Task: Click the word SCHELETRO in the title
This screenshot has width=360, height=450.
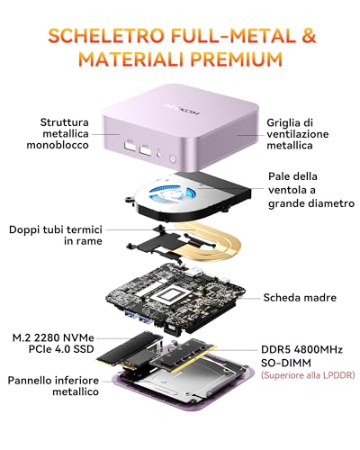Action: pyautogui.click(x=106, y=36)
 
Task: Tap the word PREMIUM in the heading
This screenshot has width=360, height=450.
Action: pyautogui.click(x=237, y=58)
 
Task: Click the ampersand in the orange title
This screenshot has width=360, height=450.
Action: pyautogui.click(x=309, y=36)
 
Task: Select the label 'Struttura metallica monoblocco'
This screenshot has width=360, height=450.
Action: pyautogui.click(x=58, y=133)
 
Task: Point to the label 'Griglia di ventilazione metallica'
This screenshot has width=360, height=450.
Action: pyautogui.click(x=297, y=134)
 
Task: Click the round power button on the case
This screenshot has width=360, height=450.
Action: pyautogui.click(x=173, y=158)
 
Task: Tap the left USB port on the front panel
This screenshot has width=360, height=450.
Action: pyautogui.click(x=130, y=147)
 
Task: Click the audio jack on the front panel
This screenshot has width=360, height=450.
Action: pyautogui.click(x=159, y=155)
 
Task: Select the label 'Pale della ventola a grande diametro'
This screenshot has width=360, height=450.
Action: pyautogui.click(x=311, y=190)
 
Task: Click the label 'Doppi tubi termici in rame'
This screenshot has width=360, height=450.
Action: pyautogui.click(x=56, y=235)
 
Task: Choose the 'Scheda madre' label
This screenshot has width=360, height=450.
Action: pyautogui.click(x=300, y=298)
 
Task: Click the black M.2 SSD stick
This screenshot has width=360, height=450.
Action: pyautogui.click(x=130, y=350)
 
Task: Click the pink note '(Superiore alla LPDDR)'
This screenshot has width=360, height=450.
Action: pyautogui.click(x=308, y=375)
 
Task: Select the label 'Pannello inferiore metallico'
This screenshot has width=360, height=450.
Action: pyautogui.click(x=53, y=386)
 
